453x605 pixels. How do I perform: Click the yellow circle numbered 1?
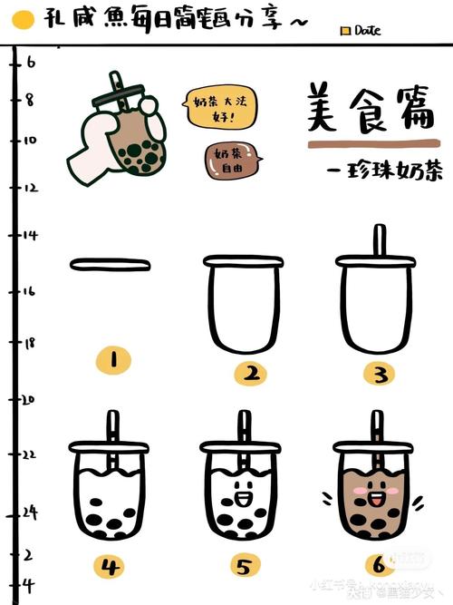click(x=113, y=361)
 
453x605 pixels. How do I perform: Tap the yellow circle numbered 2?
click(x=249, y=373)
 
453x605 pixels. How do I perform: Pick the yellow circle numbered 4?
click(x=110, y=569)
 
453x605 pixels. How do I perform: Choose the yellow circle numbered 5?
click(x=243, y=569)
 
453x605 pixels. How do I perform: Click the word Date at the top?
click(x=367, y=30)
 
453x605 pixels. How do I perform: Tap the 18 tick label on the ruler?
click(x=29, y=343)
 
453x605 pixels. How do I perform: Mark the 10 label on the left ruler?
click(x=30, y=141)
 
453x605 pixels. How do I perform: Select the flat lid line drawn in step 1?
click(x=109, y=264)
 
